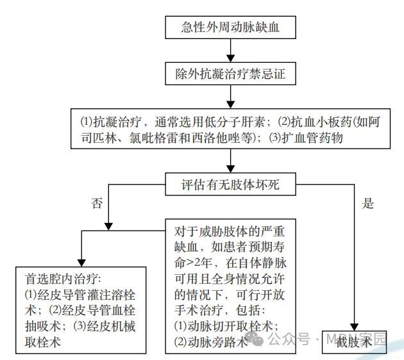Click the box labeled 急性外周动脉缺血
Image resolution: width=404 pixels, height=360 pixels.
pyautogui.click(x=230, y=27)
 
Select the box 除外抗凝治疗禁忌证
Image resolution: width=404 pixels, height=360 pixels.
pyautogui.click(x=230, y=74)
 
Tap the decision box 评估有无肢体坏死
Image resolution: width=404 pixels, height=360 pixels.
pyautogui.click(x=230, y=186)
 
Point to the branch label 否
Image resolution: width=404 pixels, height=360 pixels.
pyautogui.click(x=97, y=204)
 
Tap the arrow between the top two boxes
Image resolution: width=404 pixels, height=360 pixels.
pyautogui.click(x=230, y=50)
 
